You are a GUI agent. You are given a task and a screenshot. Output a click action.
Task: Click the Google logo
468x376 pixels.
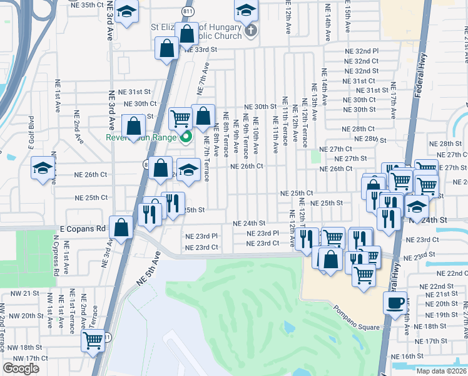[21, 368]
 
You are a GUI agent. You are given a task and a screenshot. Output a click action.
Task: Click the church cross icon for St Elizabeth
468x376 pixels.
[250, 30]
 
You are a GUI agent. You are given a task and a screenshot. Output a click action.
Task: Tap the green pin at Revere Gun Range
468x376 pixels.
[185, 138]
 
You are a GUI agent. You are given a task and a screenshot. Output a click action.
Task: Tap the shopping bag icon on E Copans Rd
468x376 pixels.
[121, 227]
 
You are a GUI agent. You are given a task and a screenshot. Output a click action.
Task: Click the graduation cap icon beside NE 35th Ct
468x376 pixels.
[127, 12]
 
